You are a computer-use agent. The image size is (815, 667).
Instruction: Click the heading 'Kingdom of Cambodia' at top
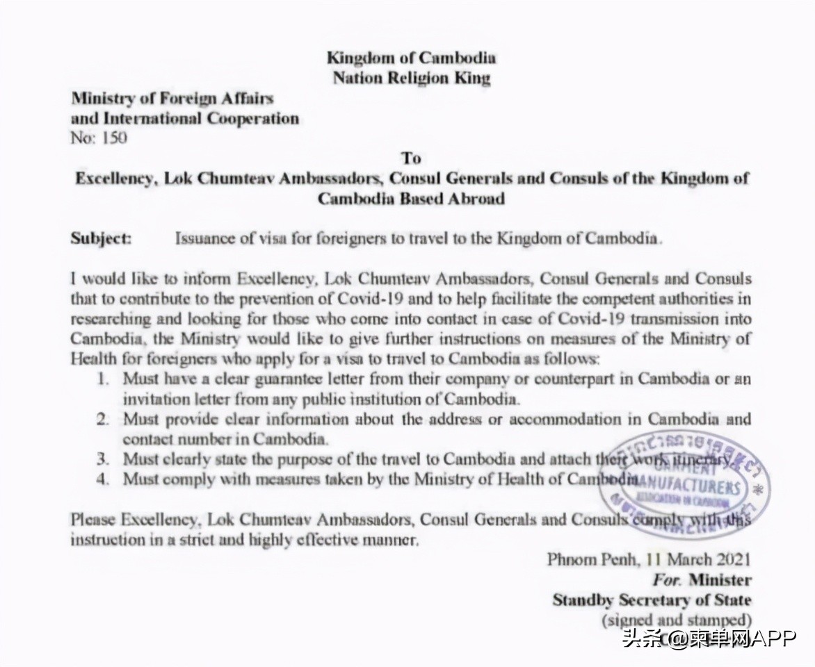[x=411, y=58]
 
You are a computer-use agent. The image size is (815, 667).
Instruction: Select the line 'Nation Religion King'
[x=411, y=78]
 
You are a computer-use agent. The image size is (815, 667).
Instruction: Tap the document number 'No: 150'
[x=99, y=138]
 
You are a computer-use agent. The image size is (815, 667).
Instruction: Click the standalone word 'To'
[x=411, y=158]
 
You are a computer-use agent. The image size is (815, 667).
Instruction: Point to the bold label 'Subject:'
[x=101, y=238]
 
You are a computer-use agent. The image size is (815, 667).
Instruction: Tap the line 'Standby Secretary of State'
[x=652, y=600]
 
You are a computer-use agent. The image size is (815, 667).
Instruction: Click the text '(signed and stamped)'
[x=677, y=619]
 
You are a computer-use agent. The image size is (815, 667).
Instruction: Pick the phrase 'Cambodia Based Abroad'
[x=411, y=198]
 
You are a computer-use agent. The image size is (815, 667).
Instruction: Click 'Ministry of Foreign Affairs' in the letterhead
[x=172, y=99]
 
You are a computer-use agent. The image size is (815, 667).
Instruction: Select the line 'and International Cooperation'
[x=185, y=118]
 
